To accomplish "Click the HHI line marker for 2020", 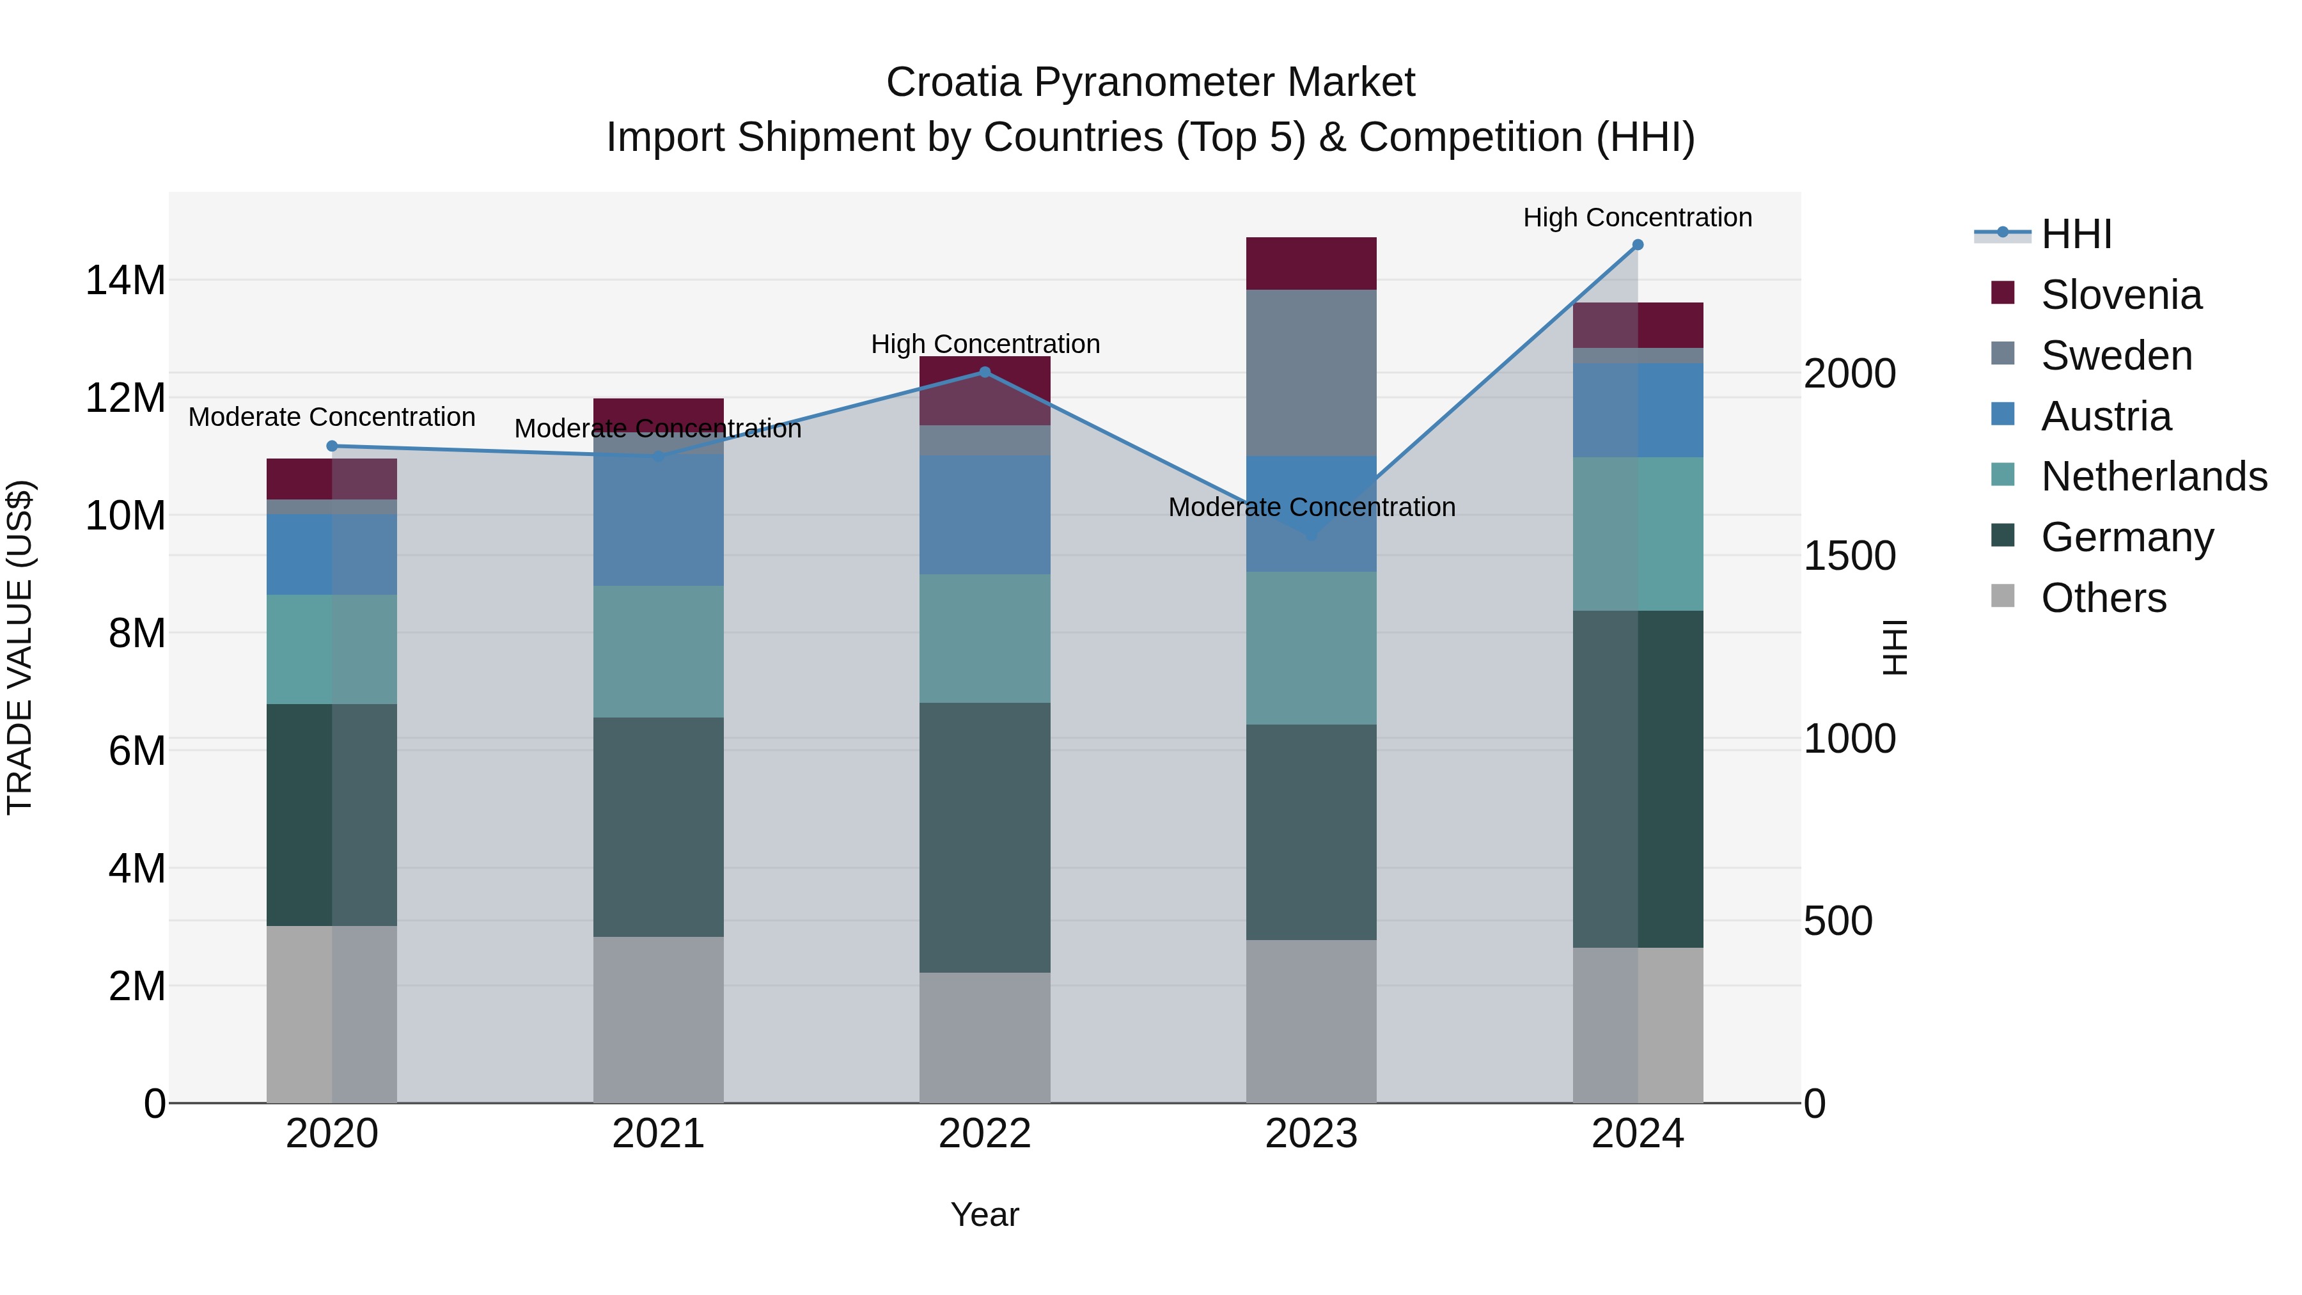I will pyautogui.click(x=331, y=446).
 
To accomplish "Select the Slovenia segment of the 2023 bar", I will pyautogui.click(x=1311, y=263).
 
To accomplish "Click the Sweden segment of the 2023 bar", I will pyautogui.click(x=1311, y=373).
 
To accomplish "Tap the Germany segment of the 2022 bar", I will pyautogui.click(x=985, y=837).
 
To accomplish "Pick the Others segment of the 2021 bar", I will pyautogui.click(x=659, y=1020).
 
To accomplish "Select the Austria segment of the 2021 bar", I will pyautogui.click(x=659, y=520).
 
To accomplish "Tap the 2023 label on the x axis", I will pyautogui.click(x=1311, y=1134).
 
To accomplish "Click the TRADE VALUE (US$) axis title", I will pyautogui.click(x=20, y=647).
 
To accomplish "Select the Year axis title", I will pyautogui.click(x=985, y=1214).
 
